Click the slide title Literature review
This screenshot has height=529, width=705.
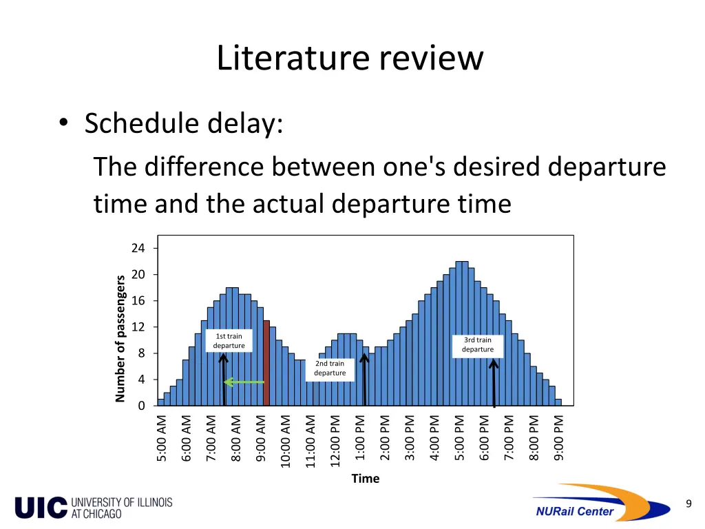350,58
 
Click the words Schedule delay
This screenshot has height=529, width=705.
183,124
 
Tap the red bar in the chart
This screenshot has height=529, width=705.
266,362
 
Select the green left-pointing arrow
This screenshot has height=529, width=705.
244,382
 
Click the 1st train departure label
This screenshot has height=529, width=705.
229,341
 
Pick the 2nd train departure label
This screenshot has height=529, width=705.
330,369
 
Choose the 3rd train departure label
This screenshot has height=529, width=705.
478,344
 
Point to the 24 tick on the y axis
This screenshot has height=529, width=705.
138,248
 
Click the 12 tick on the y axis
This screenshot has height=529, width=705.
138,327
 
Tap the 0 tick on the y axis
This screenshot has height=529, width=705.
141,406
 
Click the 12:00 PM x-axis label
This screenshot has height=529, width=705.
335,440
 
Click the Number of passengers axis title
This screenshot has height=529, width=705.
120,338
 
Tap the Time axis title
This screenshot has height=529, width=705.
365,479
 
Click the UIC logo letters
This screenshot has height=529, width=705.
41,508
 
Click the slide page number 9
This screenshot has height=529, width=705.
688,504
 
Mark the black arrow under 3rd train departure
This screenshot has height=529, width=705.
494,382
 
